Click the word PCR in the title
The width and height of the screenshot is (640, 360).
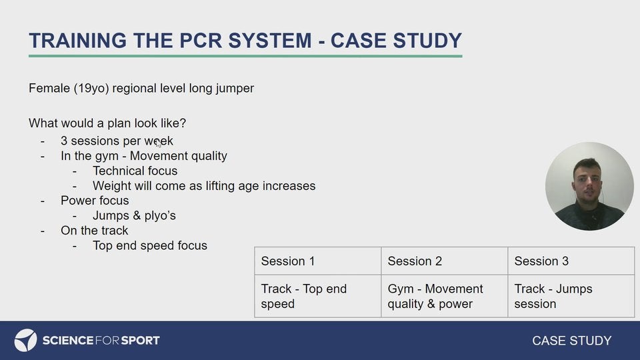(201, 41)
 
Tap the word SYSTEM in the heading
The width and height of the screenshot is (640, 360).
(270, 41)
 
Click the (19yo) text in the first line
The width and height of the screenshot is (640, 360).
(91, 88)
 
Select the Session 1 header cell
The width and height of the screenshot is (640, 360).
(317, 261)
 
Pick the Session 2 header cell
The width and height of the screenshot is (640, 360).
(444, 261)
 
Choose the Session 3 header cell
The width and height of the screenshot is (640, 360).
(571, 261)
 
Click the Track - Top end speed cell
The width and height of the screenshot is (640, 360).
(317, 296)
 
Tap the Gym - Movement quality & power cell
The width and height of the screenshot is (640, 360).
(444, 296)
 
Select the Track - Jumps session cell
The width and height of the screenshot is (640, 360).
(571, 296)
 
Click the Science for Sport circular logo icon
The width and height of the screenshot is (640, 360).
(25, 340)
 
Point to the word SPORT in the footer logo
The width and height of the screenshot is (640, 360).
(141, 341)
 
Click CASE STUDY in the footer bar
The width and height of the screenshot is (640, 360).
(571, 341)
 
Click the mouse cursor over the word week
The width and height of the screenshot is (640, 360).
(159, 143)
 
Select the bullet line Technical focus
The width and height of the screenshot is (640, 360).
(135, 171)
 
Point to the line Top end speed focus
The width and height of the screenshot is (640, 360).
(150, 245)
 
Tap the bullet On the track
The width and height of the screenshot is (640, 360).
(94, 230)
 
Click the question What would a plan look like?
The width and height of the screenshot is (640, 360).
(107, 123)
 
